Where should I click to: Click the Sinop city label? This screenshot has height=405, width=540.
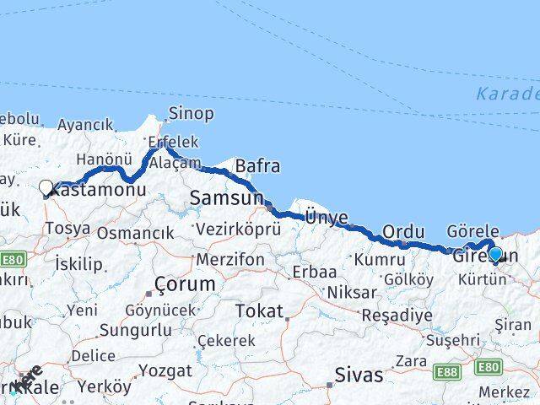(191, 113)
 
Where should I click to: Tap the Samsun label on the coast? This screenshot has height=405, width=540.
(225, 198)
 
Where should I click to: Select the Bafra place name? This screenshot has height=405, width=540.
(257, 165)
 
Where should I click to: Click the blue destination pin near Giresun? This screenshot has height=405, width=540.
(495, 254)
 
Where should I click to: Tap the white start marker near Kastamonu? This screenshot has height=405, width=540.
(46, 188)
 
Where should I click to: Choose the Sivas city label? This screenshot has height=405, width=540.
(359, 374)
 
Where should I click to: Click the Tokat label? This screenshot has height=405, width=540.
(259, 311)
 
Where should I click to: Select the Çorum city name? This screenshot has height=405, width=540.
(184, 284)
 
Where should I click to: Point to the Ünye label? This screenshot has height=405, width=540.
(326, 218)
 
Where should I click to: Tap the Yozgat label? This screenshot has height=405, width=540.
(165, 370)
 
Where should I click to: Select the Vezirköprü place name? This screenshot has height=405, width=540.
(238, 229)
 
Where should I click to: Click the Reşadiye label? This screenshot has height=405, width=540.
(396, 316)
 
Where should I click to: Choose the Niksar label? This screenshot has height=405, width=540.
(348, 292)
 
